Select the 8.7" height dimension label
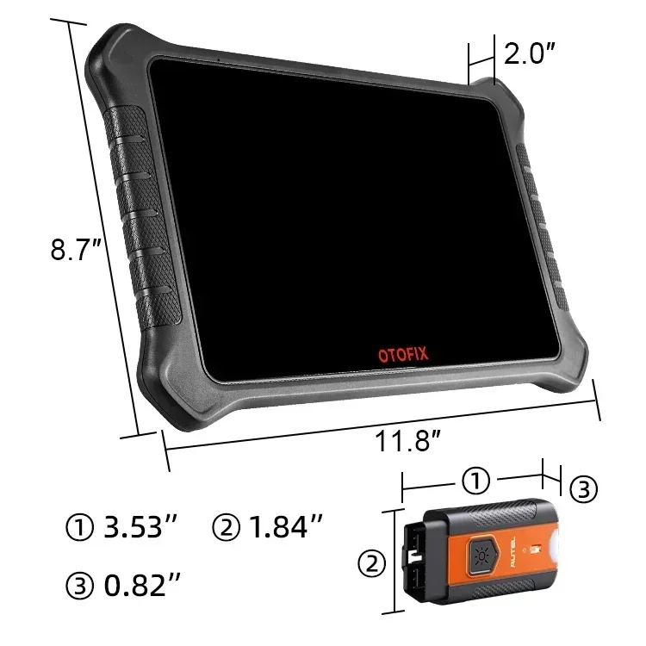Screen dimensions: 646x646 coord(77,252)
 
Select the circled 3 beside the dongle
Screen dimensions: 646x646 coord(583,489)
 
